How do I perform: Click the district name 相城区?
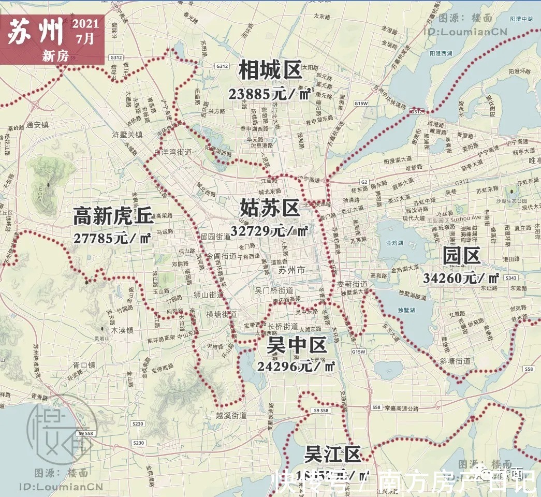click(x=270, y=70)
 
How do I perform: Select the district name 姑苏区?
click(x=270, y=208)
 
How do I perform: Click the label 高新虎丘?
click(x=113, y=216)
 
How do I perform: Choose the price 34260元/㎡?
click(x=461, y=277)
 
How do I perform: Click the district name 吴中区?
click(x=297, y=345)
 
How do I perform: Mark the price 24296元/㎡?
click(x=296, y=367)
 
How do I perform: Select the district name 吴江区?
click(x=332, y=455)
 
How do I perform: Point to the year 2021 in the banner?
click(x=85, y=24)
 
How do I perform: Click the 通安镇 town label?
click(x=37, y=124)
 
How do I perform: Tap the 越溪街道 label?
click(x=231, y=415)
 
